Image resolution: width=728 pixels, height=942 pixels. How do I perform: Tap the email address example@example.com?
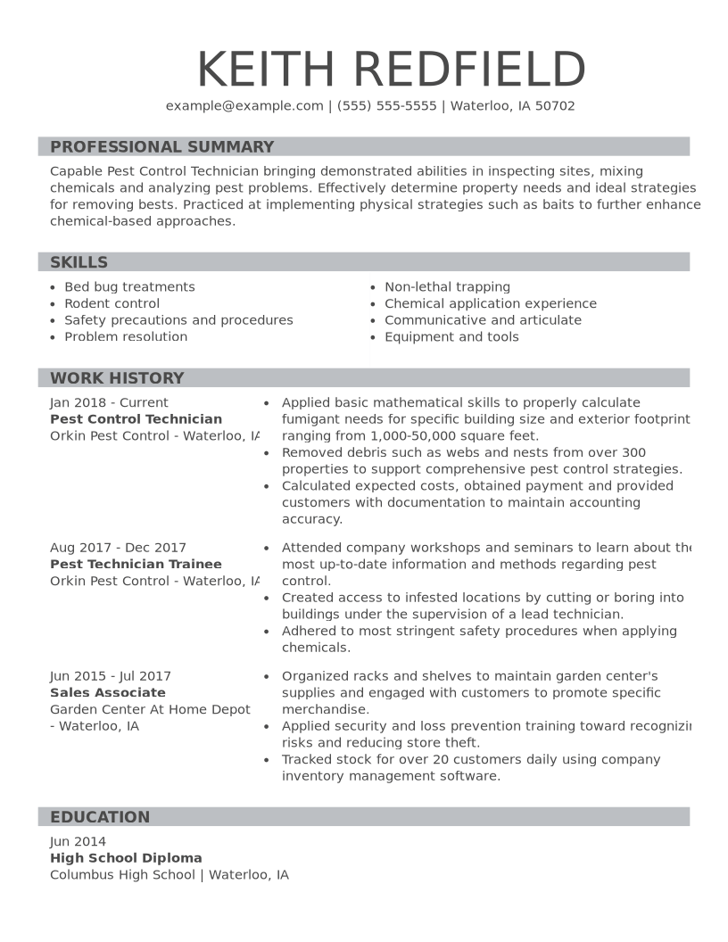point(244,105)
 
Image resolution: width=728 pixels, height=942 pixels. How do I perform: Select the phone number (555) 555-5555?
point(387,105)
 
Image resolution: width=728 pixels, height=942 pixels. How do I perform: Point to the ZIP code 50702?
point(555,105)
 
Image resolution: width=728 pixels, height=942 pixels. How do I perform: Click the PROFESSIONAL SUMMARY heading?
point(161,147)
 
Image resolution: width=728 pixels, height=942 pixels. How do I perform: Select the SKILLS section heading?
point(79,262)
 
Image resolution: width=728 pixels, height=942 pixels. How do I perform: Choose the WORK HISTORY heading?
point(117,378)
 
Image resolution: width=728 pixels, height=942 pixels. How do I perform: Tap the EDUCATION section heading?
point(100,817)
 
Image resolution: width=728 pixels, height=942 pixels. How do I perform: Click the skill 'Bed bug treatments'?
point(129,287)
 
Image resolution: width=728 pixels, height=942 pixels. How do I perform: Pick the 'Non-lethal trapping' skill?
point(447,287)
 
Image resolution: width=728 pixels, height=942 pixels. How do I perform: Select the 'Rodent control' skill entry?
point(112,303)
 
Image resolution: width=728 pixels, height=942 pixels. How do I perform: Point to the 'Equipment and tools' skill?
point(451,337)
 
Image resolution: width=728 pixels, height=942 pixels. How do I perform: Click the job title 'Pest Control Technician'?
point(136,419)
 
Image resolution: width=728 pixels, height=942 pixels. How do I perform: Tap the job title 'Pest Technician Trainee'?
point(136,565)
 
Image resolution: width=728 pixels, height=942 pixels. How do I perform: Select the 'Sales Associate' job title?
point(108,693)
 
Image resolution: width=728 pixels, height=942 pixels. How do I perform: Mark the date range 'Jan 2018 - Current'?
point(109,402)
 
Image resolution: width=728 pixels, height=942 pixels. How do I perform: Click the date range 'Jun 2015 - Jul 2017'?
point(111,676)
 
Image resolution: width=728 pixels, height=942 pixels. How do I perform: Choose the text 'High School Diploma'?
point(126,858)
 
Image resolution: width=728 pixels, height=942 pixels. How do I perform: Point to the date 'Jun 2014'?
point(78,841)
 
